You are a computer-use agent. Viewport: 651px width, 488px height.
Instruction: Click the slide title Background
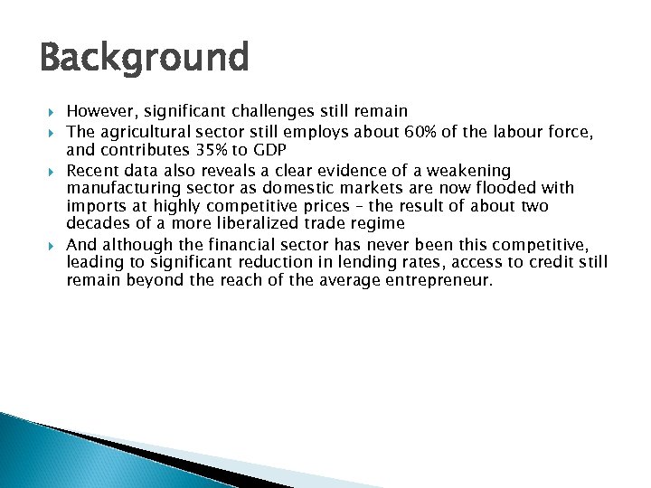coord(145,59)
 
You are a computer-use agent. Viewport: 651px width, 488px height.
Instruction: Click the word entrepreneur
coord(438,281)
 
